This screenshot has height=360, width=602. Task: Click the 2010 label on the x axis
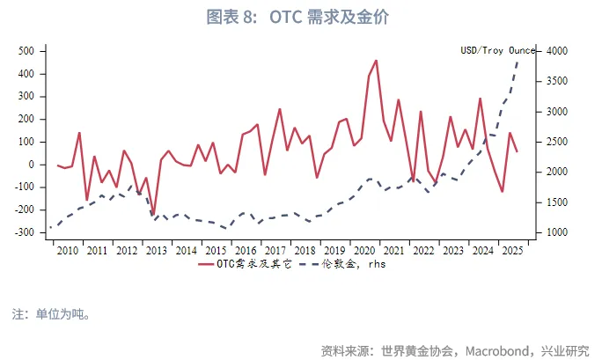pyautogui.click(x=67, y=251)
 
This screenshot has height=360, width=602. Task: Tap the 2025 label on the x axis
pyautogui.click(x=511, y=251)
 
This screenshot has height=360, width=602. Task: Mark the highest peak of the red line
pyautogui.click(x=376, y=61)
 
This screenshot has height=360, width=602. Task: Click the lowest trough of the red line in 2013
pyautogui.click(x=153, y=214)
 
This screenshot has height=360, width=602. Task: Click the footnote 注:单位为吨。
pyautogui.click(x=50, y=312)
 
